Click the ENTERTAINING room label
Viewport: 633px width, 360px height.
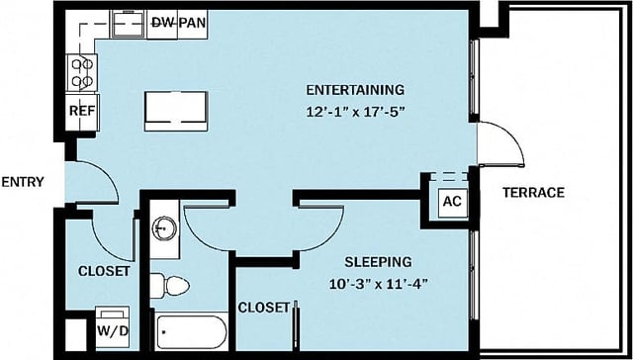coord(355,89)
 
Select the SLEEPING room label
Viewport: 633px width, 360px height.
coord(378,262)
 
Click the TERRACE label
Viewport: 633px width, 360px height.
coord(533,192)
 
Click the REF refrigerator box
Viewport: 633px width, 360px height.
coord(81,111)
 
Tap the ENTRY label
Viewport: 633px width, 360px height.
coord(22,182)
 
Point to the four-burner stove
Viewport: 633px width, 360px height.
coord(81,71)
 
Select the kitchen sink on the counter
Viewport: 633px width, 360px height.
coord(126,24)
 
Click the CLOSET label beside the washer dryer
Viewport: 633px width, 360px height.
coord(104,271)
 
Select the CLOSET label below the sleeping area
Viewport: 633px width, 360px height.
coord(264,307)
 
